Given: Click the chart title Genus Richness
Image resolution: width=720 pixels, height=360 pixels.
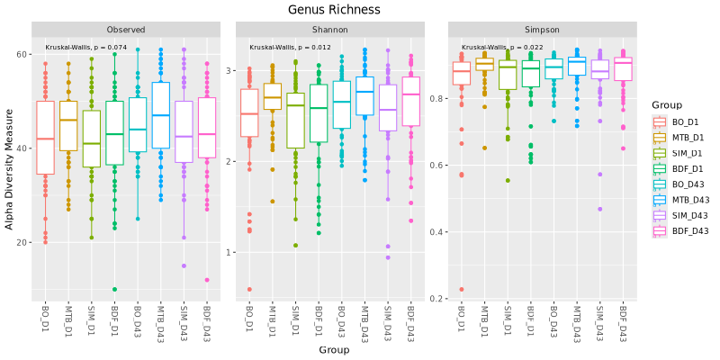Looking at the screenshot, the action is (334, 9).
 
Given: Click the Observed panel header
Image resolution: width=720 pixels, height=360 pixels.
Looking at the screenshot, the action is (126, 30).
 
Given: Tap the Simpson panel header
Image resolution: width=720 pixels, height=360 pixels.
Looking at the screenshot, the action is (543, 30).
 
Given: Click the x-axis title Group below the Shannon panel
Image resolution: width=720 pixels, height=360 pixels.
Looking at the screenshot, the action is (334, 350).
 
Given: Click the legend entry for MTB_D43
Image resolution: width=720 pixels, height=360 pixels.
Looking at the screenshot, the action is (679, 200).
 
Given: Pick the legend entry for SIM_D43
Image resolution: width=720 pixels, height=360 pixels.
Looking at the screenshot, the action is (679, 215).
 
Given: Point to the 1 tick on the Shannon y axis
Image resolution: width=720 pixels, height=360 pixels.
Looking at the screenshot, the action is (230, 252).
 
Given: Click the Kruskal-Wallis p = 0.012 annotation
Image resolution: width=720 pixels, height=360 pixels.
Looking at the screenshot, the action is (290, 48).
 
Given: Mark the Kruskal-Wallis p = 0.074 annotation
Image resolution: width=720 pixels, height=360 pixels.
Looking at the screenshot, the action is (85, 48).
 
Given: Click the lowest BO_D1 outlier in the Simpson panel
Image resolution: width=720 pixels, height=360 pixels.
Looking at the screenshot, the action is (461, 289).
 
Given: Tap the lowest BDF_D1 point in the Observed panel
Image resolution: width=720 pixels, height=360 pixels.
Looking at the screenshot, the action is (115, 289).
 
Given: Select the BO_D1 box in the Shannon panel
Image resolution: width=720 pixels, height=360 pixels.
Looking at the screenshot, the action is (249, 113).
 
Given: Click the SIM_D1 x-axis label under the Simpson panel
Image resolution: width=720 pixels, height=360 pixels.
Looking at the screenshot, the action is (507, 319).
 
